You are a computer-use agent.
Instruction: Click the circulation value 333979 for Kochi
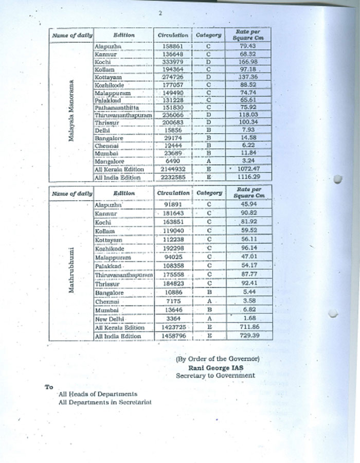(173, 62)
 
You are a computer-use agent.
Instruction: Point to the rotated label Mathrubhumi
(73, 271)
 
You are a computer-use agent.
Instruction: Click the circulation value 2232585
(173, 176)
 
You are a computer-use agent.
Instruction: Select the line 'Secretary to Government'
(215, 376)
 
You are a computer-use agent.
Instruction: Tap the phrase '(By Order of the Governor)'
(218, 359)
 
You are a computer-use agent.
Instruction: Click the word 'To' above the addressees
(49, 387)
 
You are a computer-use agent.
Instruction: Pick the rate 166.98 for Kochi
(245, 62)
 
